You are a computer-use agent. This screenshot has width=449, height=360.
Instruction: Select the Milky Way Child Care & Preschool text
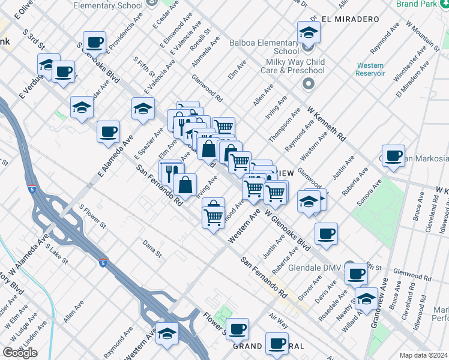tap(295, 66)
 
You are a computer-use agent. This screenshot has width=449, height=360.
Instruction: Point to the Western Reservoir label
tap(370, 69)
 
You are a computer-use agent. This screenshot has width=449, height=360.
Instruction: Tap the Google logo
tap(20, 353)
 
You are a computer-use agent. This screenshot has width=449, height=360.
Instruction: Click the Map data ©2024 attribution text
tap(423, 355)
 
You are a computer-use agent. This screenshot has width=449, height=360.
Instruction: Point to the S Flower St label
tap(92, 218)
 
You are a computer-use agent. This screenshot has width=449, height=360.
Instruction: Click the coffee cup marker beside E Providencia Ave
tap(95, 43)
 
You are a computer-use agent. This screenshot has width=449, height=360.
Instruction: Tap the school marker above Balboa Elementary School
tap(309, 32)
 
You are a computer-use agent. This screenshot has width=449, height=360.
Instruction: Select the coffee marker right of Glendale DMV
tap(356, 274)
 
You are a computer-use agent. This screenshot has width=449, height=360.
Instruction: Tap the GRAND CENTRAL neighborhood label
tap(269, 347)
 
